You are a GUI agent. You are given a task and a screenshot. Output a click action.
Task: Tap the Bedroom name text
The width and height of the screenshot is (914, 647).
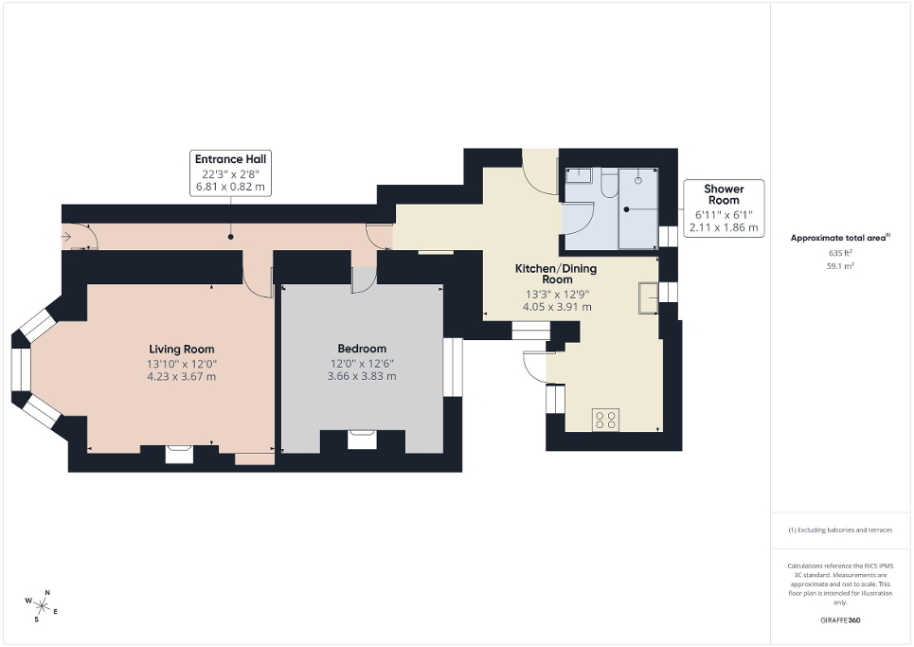click(362, 349)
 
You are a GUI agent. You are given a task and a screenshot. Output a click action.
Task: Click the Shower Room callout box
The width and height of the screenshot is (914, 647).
click(723, 208)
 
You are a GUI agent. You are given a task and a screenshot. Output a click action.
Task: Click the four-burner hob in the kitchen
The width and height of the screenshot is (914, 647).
click(605, 419)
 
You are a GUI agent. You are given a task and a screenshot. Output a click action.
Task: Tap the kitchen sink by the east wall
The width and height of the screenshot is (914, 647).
click(649, 297)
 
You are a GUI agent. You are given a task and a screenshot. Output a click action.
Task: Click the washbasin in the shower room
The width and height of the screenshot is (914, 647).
click(578, 175)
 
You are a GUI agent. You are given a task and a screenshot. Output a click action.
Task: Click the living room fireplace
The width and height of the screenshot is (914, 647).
click(179, 454)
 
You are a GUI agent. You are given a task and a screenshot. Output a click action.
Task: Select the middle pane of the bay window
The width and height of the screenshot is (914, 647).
click(21, 370)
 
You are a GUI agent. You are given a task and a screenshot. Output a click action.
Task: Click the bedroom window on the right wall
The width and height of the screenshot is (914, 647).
click(453, 366)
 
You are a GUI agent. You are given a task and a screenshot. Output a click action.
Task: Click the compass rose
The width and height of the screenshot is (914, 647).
click(41, 603)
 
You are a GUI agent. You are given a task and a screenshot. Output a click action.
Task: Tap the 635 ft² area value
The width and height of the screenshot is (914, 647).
click(841, 253)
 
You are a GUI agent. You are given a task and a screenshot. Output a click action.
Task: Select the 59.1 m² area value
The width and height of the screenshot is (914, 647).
click(841, 266)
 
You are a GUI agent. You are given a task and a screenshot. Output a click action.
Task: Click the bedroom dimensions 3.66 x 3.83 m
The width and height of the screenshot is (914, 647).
click(362, 376)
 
